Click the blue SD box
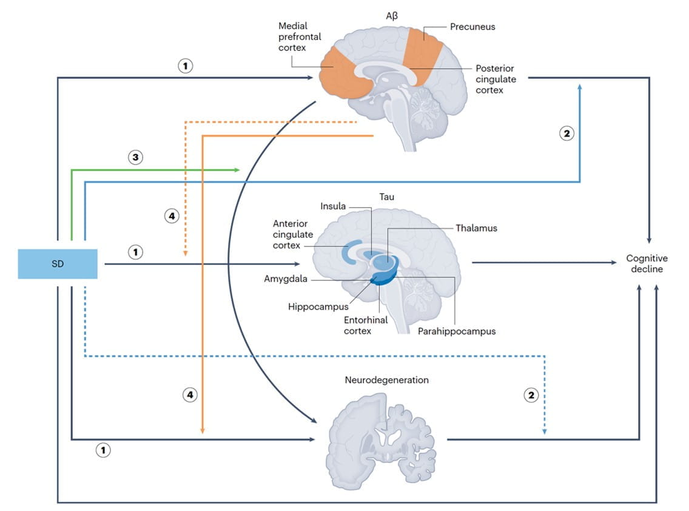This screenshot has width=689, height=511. tap(58, 264)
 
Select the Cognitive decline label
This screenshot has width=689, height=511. tap(647, 264)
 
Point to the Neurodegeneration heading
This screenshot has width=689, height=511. tap(386, 380)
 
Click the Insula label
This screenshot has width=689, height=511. tap(333, 206)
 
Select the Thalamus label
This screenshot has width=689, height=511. tap(476, 228)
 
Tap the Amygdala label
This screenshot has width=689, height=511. tap(284, 279)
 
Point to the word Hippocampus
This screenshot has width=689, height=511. tap(318, 307)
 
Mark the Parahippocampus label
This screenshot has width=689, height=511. tap(456, 331)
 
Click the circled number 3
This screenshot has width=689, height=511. tap(135, 157)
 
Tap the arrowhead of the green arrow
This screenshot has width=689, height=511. tap(238, 171)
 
